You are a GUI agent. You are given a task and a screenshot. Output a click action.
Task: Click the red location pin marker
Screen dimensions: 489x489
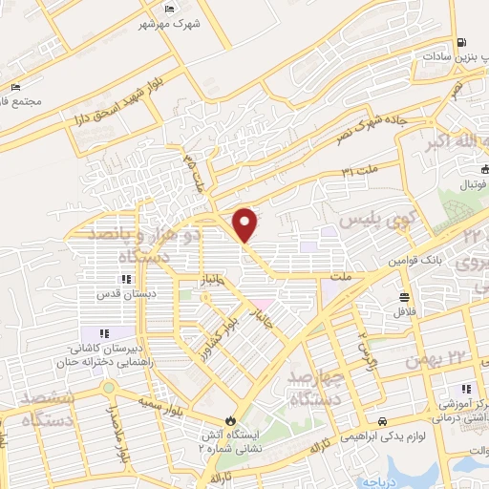[x=245, y=224]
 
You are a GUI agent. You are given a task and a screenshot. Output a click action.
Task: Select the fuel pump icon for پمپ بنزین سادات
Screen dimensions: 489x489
[x=462, y=42]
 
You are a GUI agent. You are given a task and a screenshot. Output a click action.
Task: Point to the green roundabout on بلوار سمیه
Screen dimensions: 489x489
[x=109, y=389]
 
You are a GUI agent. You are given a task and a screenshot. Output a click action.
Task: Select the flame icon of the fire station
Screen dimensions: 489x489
[x=229, y=419]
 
